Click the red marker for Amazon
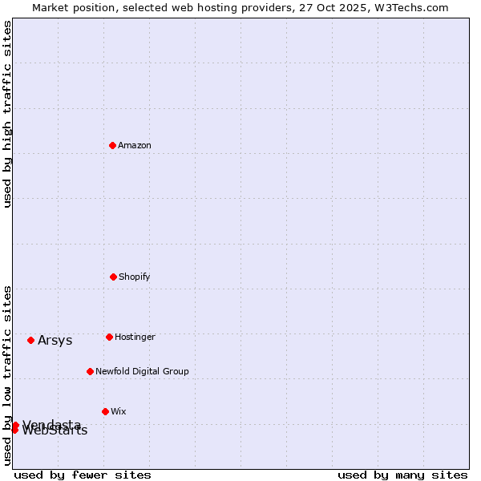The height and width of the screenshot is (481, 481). click(112, 145)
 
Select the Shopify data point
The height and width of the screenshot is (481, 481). click(113, 277)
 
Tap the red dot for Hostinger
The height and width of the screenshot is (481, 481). click(109, 337)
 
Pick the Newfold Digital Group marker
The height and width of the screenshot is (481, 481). click(90, 371)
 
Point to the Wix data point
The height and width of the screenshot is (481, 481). click(105, 411)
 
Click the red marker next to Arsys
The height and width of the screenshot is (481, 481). click(30, 340)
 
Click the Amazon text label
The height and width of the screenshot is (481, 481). click(135, 146)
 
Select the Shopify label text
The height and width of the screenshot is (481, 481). click(135, 277)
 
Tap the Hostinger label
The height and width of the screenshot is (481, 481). click(135, 338)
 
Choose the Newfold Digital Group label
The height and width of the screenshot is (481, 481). click(142, 372)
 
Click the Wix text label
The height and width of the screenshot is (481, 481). click(119, 412)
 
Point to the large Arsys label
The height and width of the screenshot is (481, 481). click(55, 341)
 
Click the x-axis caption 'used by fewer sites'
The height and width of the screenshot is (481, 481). click(82, 475)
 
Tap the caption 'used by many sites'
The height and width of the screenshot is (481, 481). click(402, 475)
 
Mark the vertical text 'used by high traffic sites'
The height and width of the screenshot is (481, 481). click(7, 114)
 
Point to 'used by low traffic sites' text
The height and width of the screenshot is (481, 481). click(7, 375)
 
